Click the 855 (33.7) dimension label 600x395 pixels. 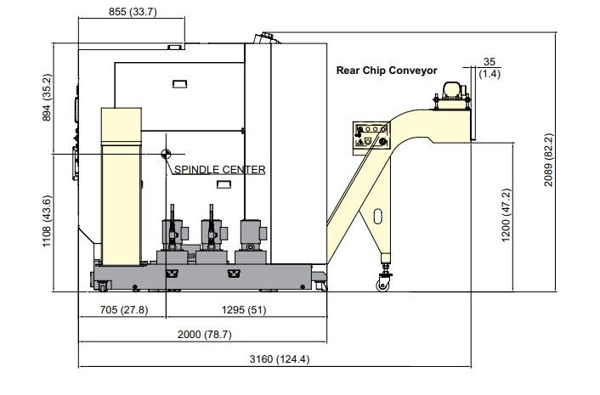(133, 12)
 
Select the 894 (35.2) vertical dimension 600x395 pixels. (46, 98)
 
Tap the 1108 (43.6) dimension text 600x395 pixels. (46, 221)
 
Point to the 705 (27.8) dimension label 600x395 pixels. (123, 310)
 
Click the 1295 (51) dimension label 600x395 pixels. (244, 310)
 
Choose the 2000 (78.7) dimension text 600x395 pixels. (204, 335)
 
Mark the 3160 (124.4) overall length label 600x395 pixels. (280, 359)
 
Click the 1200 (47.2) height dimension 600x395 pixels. (506, 215)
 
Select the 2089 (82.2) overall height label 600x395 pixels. (549, 160)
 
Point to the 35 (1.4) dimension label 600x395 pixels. (490, 68)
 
